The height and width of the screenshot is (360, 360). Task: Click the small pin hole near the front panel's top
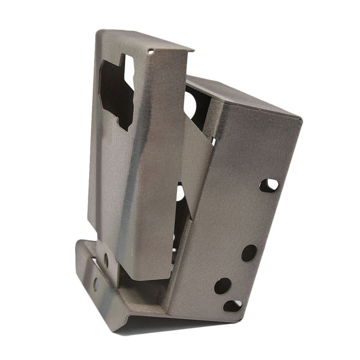pyautogui.click(x=151, y=52)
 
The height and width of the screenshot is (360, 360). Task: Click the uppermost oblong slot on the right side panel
pyautogui.click(x=268, y=185)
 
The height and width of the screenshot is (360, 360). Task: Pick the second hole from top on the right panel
pyautogui.click(x=249, y=253)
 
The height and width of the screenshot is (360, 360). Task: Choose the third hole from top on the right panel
pyautogui.click(x=223, y=286)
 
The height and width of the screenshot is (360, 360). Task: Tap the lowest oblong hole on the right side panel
pyautogui.click(x=232, y=305)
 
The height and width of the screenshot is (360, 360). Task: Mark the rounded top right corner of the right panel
pyautogui.click(x=298, y=120)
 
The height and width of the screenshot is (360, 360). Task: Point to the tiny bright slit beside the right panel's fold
pyautogui.click(x=214, y=142)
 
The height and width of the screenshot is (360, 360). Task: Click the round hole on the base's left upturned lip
pyautogui.click(x=95, y=283)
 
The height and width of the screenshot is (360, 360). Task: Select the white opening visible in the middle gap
pyautogui.click(x=181, y=194)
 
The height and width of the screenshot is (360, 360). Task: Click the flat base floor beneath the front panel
pyautogui.click(x=143, y=296)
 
